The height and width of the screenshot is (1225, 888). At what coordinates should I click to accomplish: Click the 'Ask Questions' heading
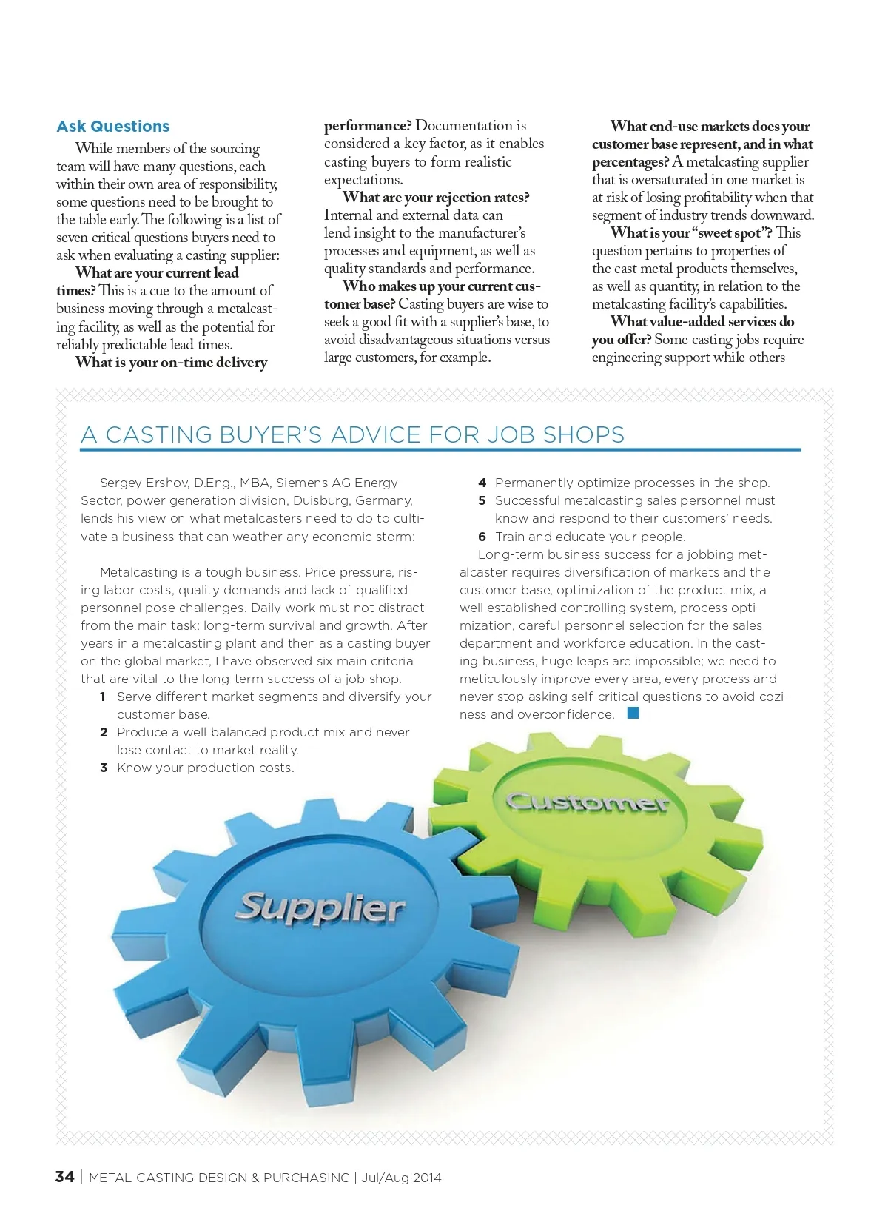(113, 127)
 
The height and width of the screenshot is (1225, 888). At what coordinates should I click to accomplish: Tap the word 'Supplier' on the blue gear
(320, 907)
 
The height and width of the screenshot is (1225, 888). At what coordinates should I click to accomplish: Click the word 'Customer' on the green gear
(587, 802)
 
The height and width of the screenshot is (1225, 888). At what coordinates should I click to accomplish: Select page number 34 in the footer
(64, 1177)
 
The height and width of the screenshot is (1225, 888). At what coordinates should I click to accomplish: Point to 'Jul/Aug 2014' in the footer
(401, 1178)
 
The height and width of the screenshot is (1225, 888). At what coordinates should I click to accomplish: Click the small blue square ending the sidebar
(633, 714)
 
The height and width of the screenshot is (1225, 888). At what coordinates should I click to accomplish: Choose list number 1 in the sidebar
(104, 697)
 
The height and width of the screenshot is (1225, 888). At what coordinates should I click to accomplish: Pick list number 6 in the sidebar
(482, 537)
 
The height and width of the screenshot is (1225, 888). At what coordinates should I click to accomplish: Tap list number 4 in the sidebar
(482, 483)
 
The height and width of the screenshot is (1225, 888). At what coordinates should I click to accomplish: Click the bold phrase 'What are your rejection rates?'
(436, 198)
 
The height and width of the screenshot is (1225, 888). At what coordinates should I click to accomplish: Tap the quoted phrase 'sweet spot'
(727, 233)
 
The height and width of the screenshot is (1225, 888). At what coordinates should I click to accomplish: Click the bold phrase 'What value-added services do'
(702, 322)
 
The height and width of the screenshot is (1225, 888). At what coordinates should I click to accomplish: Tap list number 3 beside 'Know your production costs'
(104, 768)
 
